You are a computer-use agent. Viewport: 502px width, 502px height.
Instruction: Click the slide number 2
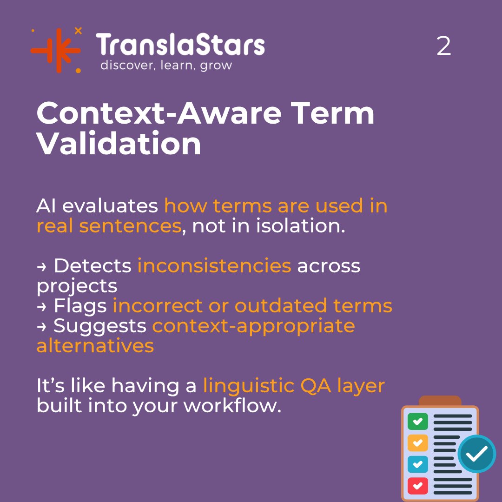click(x=443, y=47)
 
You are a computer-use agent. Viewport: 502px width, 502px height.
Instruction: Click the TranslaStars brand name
click(x=180, y=46)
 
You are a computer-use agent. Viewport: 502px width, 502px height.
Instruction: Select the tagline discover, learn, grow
click(x=166, y=65)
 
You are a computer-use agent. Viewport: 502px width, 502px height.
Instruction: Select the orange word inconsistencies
click(x=214, y=266)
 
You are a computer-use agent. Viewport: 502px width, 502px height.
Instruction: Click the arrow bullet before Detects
click(x=41, y=266)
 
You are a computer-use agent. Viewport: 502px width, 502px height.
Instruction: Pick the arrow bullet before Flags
click(x=41, y=306)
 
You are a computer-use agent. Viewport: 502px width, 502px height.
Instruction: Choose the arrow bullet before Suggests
click(x=41, y=326)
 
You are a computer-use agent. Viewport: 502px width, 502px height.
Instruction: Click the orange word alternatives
click(x=95, y=346)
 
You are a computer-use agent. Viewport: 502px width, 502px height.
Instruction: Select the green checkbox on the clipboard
click(x=417, y=421)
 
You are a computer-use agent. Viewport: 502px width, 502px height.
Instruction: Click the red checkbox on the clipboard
click(x=417, y=486)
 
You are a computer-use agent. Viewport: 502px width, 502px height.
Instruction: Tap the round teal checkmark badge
click(x=477, y=454)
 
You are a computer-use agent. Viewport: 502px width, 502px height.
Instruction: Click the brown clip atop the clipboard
click(x=440, y=401)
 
